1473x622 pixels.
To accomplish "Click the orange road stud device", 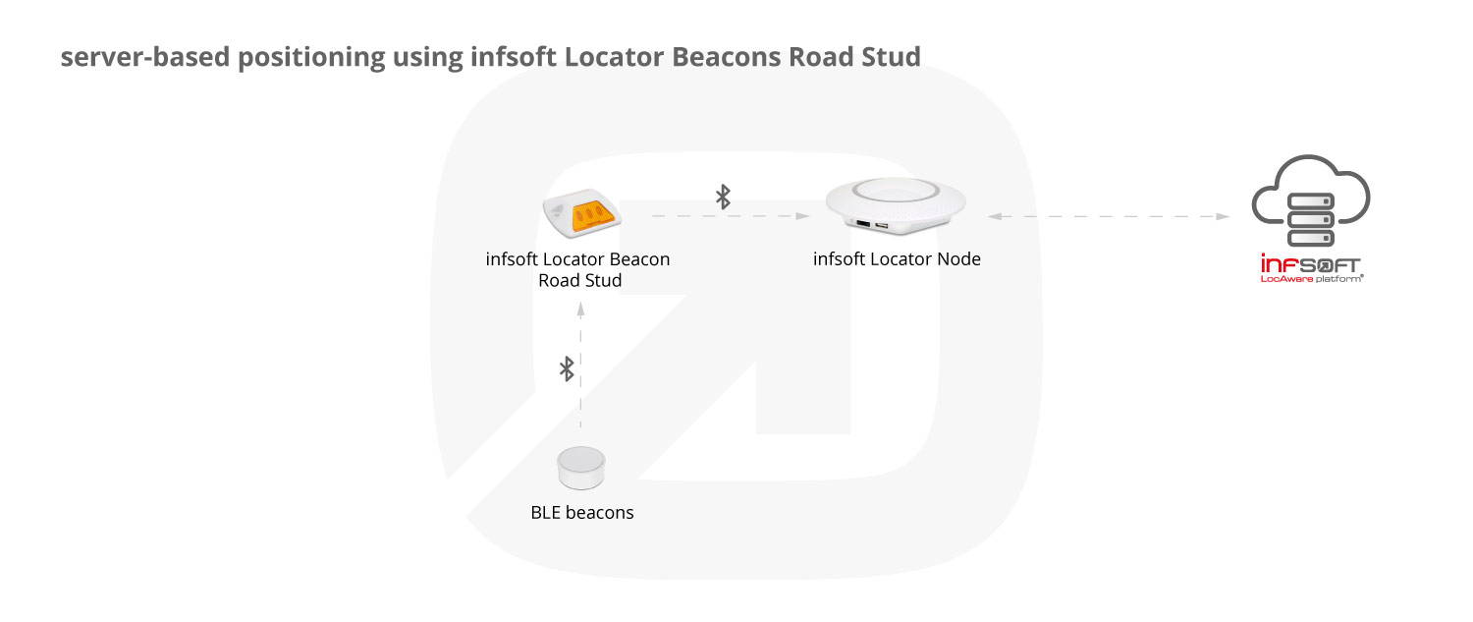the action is point(581,212).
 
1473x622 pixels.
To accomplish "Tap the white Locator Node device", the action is point(896,205).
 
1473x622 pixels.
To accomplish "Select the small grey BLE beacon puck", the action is point(580,468).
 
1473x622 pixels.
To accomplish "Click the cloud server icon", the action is point(1310,200).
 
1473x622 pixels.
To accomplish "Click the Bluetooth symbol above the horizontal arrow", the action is point(723,197).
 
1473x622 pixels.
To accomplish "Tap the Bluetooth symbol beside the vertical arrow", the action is point(567,368).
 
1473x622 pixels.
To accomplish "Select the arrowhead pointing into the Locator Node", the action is point(802,216).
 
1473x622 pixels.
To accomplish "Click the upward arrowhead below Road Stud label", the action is point(580,310).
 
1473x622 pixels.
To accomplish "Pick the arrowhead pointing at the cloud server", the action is point(1223,216).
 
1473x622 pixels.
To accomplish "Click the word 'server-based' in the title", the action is point(145,57).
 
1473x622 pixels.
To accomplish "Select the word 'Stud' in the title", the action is point(892,57).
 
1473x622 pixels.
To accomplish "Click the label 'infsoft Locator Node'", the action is point(897,258).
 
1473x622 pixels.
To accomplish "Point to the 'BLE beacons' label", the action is point(582,512).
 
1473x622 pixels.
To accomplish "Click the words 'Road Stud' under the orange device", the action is point(580,280).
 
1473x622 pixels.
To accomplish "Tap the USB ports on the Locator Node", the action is point(872,225).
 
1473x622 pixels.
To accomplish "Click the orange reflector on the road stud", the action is point(594,216).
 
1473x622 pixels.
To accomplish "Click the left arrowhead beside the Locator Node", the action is point(995,216).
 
